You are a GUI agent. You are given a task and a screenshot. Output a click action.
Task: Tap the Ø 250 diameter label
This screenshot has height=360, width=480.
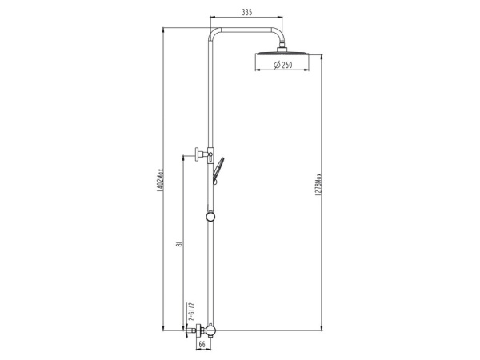pos(283,64)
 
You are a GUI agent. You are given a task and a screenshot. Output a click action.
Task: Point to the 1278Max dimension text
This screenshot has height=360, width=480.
pos(318,190)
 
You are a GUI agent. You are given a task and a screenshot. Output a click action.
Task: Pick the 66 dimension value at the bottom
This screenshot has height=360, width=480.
pos(202,344)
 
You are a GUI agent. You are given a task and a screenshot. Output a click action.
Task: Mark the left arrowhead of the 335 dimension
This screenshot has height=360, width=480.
pos(213,18)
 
